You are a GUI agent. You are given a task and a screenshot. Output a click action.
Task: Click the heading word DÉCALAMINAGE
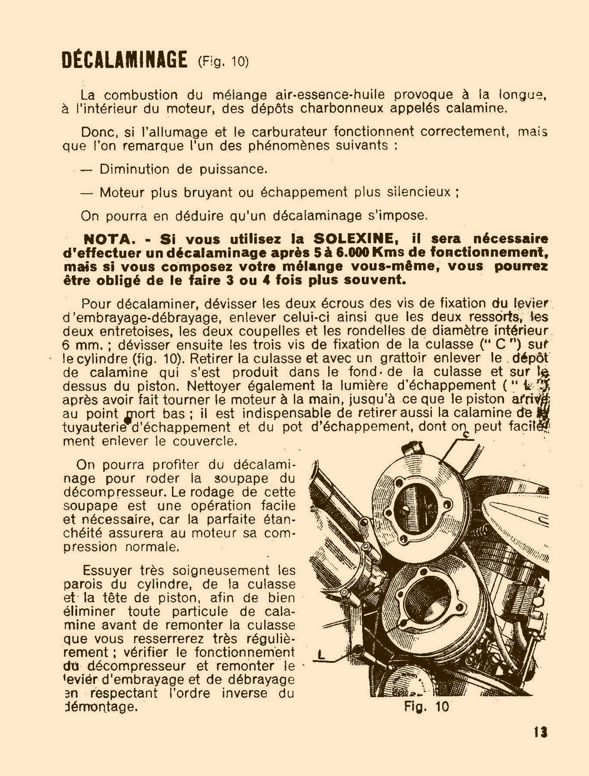tap(124, 60)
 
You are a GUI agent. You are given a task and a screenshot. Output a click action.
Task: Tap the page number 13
tap(540, 732)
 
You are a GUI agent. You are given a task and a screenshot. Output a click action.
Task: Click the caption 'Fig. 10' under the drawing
tap(426, 707)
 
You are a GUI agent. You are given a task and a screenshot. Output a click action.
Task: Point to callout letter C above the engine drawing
tap(465, 435)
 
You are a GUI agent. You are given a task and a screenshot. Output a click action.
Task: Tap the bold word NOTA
tap(111, 239)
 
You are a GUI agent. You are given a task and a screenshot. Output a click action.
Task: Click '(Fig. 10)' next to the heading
tap(223, 61)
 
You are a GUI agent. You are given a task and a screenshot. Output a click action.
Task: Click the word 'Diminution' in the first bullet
tap(134, 170)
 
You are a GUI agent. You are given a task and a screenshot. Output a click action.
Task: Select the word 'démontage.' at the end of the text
tap(100, 707)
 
